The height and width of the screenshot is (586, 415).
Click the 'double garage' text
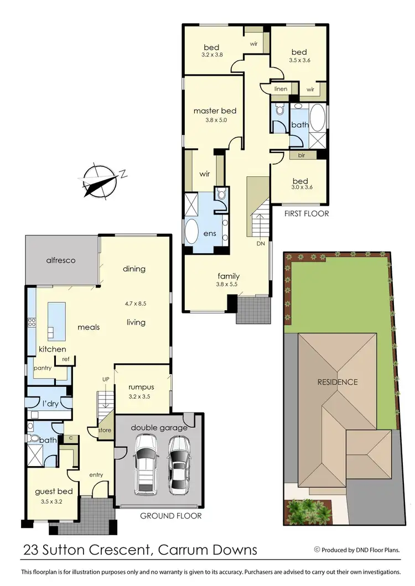coord(159,427)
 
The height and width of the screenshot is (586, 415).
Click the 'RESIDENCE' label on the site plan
coord(337,382)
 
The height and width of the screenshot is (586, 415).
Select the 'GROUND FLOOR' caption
coord(170,516)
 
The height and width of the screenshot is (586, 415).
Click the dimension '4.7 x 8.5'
coord(135,304)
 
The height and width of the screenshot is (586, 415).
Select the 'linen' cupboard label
coord(281,88)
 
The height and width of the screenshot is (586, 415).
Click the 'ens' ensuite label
coord(210,233)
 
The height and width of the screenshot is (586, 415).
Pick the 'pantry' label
coord(43,367)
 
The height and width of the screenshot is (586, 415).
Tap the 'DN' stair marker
coord(261,243)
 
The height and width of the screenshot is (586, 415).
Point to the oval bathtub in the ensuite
coord(192,232)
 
